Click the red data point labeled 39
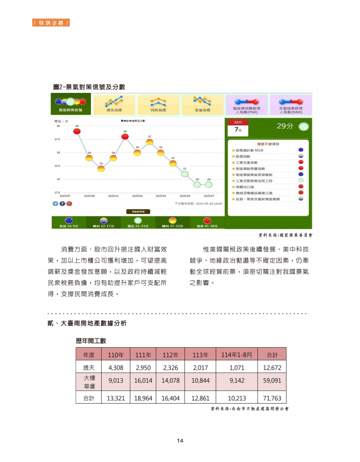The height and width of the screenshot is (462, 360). [77, 131]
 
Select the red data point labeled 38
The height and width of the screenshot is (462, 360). [125, 137]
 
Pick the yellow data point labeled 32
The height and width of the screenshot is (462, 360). [101, 169]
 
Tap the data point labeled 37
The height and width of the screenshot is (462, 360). [149, 142]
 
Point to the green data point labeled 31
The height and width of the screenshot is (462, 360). [185, 174]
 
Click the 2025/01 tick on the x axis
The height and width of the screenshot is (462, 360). [137, 196]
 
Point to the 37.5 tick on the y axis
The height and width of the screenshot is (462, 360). [57, 140]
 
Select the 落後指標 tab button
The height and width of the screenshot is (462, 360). [202, 105]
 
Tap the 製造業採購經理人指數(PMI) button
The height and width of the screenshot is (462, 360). [246, 105]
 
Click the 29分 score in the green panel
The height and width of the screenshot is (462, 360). [285, 126]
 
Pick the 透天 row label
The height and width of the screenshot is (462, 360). [89, 368]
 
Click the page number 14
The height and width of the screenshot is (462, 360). [180, 441]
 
